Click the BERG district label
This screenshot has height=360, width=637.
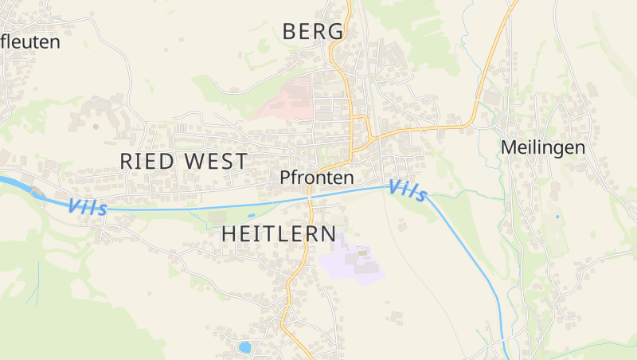pos(314,32)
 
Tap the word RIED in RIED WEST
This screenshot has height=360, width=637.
pos(148,161)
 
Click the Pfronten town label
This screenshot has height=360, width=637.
pos(316,178)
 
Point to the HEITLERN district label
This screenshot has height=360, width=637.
pos(279,233)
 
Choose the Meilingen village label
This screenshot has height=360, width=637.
pos(543,147)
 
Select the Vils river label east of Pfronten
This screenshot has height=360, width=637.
pos(408,190)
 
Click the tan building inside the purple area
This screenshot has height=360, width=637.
pos(363,253)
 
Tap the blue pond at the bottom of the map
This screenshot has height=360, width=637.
pos(244,347)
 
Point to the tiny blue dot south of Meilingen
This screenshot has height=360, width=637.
pos(557,217)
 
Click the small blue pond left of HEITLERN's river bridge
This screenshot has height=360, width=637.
pos(252,215)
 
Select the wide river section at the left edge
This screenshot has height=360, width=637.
pos(10,183)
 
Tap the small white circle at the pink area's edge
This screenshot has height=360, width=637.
pos(295,119)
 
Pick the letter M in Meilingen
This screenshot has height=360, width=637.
pos(508,147)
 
